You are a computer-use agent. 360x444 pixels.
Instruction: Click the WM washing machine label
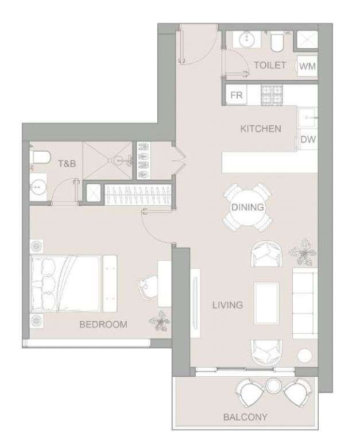307,66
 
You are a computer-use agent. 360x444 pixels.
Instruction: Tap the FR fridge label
237,95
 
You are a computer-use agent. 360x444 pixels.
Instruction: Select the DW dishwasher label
308,139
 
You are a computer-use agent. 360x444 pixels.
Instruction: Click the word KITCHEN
261,129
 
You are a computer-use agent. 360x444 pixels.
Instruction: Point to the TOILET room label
270,65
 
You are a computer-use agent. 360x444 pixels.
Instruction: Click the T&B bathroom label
67,163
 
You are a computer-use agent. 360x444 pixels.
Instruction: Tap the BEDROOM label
103,324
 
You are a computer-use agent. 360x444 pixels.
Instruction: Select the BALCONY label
245,417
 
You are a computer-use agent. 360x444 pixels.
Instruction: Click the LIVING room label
227,305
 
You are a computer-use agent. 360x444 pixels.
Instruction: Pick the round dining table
247,207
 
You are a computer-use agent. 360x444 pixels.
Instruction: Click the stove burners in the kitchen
272,95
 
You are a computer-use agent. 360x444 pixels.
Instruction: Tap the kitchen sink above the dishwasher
308,118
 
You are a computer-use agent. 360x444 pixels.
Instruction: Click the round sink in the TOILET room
248,40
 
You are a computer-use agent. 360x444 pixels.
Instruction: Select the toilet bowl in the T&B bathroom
40,158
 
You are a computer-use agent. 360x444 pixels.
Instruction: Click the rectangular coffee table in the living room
266,303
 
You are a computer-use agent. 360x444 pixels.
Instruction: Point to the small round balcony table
274,385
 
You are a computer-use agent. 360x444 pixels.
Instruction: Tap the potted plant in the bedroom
160,321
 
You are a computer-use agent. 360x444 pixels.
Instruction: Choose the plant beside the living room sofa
303,252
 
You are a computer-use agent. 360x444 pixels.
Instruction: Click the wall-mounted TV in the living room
195,303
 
